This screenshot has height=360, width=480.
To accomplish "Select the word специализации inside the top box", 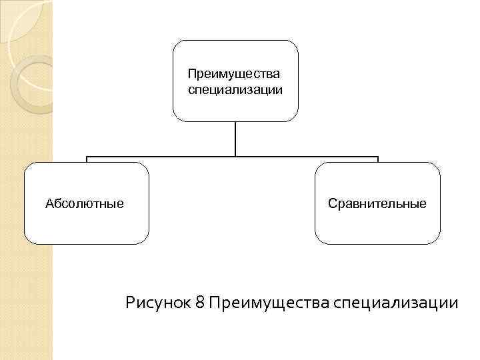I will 235,89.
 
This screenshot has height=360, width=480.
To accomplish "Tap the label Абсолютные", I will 84,203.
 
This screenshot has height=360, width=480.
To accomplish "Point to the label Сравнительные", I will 377,203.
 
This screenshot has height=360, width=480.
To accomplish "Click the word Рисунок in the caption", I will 158,303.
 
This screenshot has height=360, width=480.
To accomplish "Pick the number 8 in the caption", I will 200,303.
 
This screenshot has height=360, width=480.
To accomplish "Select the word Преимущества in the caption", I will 268,303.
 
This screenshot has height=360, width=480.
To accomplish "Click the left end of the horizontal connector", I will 87,158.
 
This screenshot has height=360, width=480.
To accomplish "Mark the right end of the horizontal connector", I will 377,158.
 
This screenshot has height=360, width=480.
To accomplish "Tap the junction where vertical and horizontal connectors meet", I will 235,157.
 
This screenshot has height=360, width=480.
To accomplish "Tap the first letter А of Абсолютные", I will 49,203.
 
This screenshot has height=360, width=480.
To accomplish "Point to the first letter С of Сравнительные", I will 332,203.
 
